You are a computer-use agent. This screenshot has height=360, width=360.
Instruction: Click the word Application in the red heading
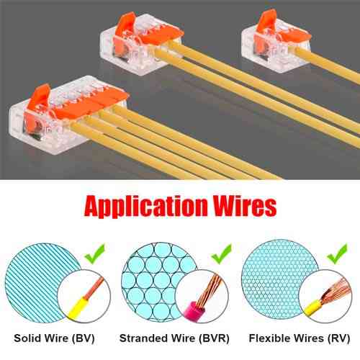(x=146, y=206)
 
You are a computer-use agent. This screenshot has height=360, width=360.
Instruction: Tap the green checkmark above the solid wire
(x=95, y=253)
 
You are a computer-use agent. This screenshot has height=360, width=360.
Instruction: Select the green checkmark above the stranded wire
(x=222, y=253)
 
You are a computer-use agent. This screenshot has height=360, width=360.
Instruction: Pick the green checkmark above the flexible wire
(x=337, y=253)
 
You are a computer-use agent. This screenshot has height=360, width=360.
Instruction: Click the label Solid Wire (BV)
(x=54, y=338)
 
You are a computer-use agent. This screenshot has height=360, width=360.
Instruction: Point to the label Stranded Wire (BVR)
(x=174, y=338)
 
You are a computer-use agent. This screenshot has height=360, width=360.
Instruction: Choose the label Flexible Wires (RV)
(x=300, y=338)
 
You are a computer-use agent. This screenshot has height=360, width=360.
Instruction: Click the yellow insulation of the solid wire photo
(x=78, y=309)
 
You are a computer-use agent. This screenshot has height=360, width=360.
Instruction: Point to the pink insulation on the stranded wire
(x=194, y=311)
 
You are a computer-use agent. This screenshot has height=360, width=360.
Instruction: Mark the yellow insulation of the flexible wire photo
(x=312, y=309)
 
